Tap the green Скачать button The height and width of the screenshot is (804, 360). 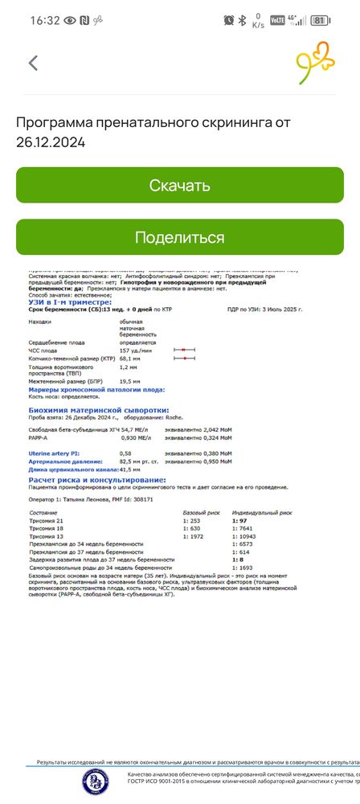pos(180,186)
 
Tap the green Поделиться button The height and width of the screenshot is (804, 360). pos(180,237)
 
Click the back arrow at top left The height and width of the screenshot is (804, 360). pos(33,64)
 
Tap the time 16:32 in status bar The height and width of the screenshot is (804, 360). pos(45,20)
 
